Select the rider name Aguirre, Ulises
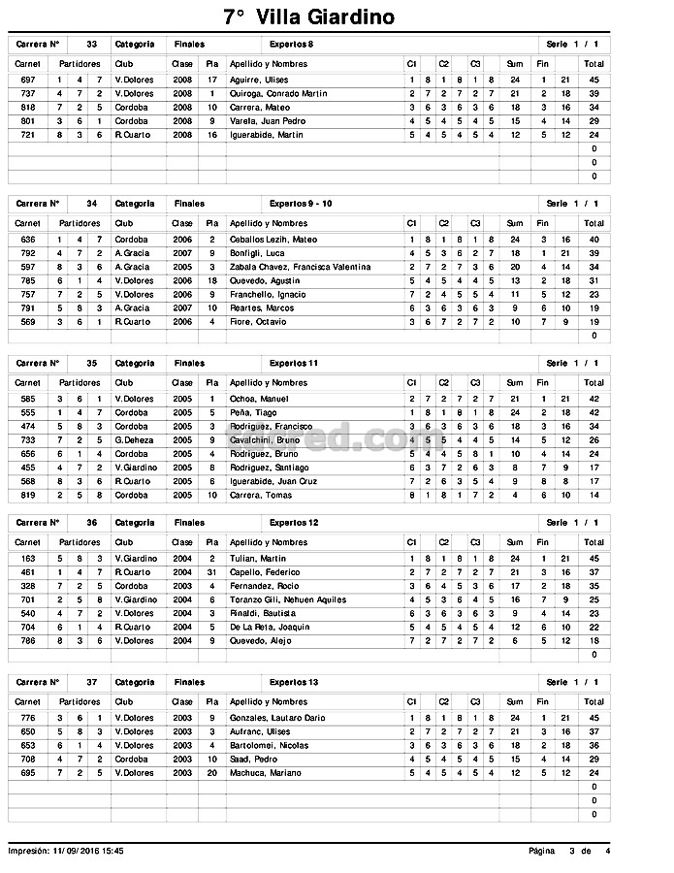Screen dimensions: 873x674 click(x=259, y=80)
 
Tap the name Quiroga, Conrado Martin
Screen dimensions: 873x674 click(x=278, y=93)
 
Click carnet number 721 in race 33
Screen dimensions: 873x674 click(x=28, y=135)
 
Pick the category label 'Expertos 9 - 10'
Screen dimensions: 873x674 click(x=301, y=204)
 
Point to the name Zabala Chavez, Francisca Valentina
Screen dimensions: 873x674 click(x=299, y=267)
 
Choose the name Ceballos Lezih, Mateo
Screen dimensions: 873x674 click(x=273, y=240)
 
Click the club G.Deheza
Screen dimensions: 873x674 click(x=133, y=439)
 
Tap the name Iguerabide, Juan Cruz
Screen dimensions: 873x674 click(x=273, y=480)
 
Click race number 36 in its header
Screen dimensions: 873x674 click(x=91, y=522)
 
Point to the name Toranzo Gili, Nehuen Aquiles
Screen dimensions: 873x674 click(x=288, y=599)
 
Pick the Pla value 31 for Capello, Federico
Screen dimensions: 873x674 click(x=211, y=572)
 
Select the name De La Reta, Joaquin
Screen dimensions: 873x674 click(x=270, y=627)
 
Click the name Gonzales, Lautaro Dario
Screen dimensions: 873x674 click(x=278, y=718)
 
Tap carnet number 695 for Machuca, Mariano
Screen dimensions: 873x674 click(x=28, y=772)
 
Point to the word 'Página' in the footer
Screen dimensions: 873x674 click(x=541, y=851)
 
